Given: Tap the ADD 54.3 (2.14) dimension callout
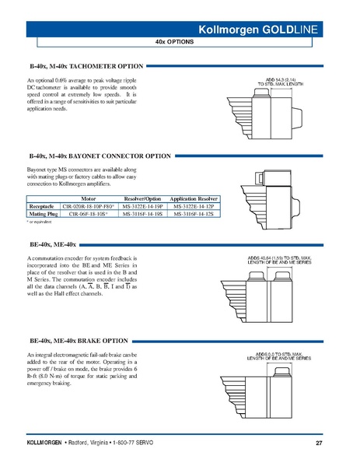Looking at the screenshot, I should click(278, 81).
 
